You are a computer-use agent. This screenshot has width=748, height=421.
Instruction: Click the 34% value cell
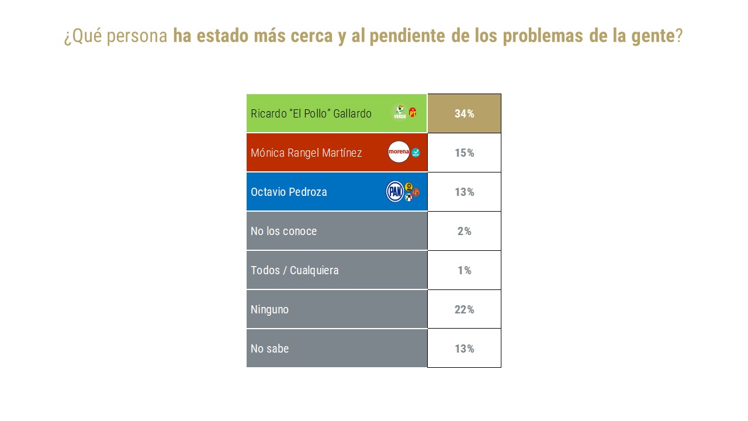(x=464, y=114)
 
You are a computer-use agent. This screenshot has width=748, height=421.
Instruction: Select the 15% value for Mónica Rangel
(x=464, y=153)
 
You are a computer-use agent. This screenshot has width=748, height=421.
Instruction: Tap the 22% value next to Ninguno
(x=464, y=309)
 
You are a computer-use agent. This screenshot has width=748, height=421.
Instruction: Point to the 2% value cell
(x=464, y=231)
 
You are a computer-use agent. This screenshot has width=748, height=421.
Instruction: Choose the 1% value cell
(x=464, y=270)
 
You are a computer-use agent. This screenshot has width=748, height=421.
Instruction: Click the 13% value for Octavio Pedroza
(x=464, y=192)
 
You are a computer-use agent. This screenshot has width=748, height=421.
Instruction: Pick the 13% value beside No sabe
(x=464, y=348)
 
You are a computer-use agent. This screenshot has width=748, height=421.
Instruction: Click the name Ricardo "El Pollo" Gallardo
(x=311, y=114)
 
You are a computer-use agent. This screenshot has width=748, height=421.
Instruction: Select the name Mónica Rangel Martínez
(x=306, y=153)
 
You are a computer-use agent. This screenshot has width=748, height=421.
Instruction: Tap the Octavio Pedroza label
(x=289, y=192)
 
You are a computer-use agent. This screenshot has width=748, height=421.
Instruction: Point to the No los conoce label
(x=283, y=231)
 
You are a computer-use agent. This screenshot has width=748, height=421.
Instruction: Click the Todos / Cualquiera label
(x=295, y=270)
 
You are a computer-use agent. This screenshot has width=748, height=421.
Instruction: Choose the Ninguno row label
(x=269, y=309)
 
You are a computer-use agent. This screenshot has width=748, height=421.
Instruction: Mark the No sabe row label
(x=269, y=348)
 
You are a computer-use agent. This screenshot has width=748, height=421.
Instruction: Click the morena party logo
(x=399, y=152)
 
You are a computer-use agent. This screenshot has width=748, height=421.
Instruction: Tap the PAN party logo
(x=394, y=191)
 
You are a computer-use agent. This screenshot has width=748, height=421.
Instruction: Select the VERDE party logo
(x=400, y=112)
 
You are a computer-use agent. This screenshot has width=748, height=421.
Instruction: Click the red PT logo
(x=413, y=112)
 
